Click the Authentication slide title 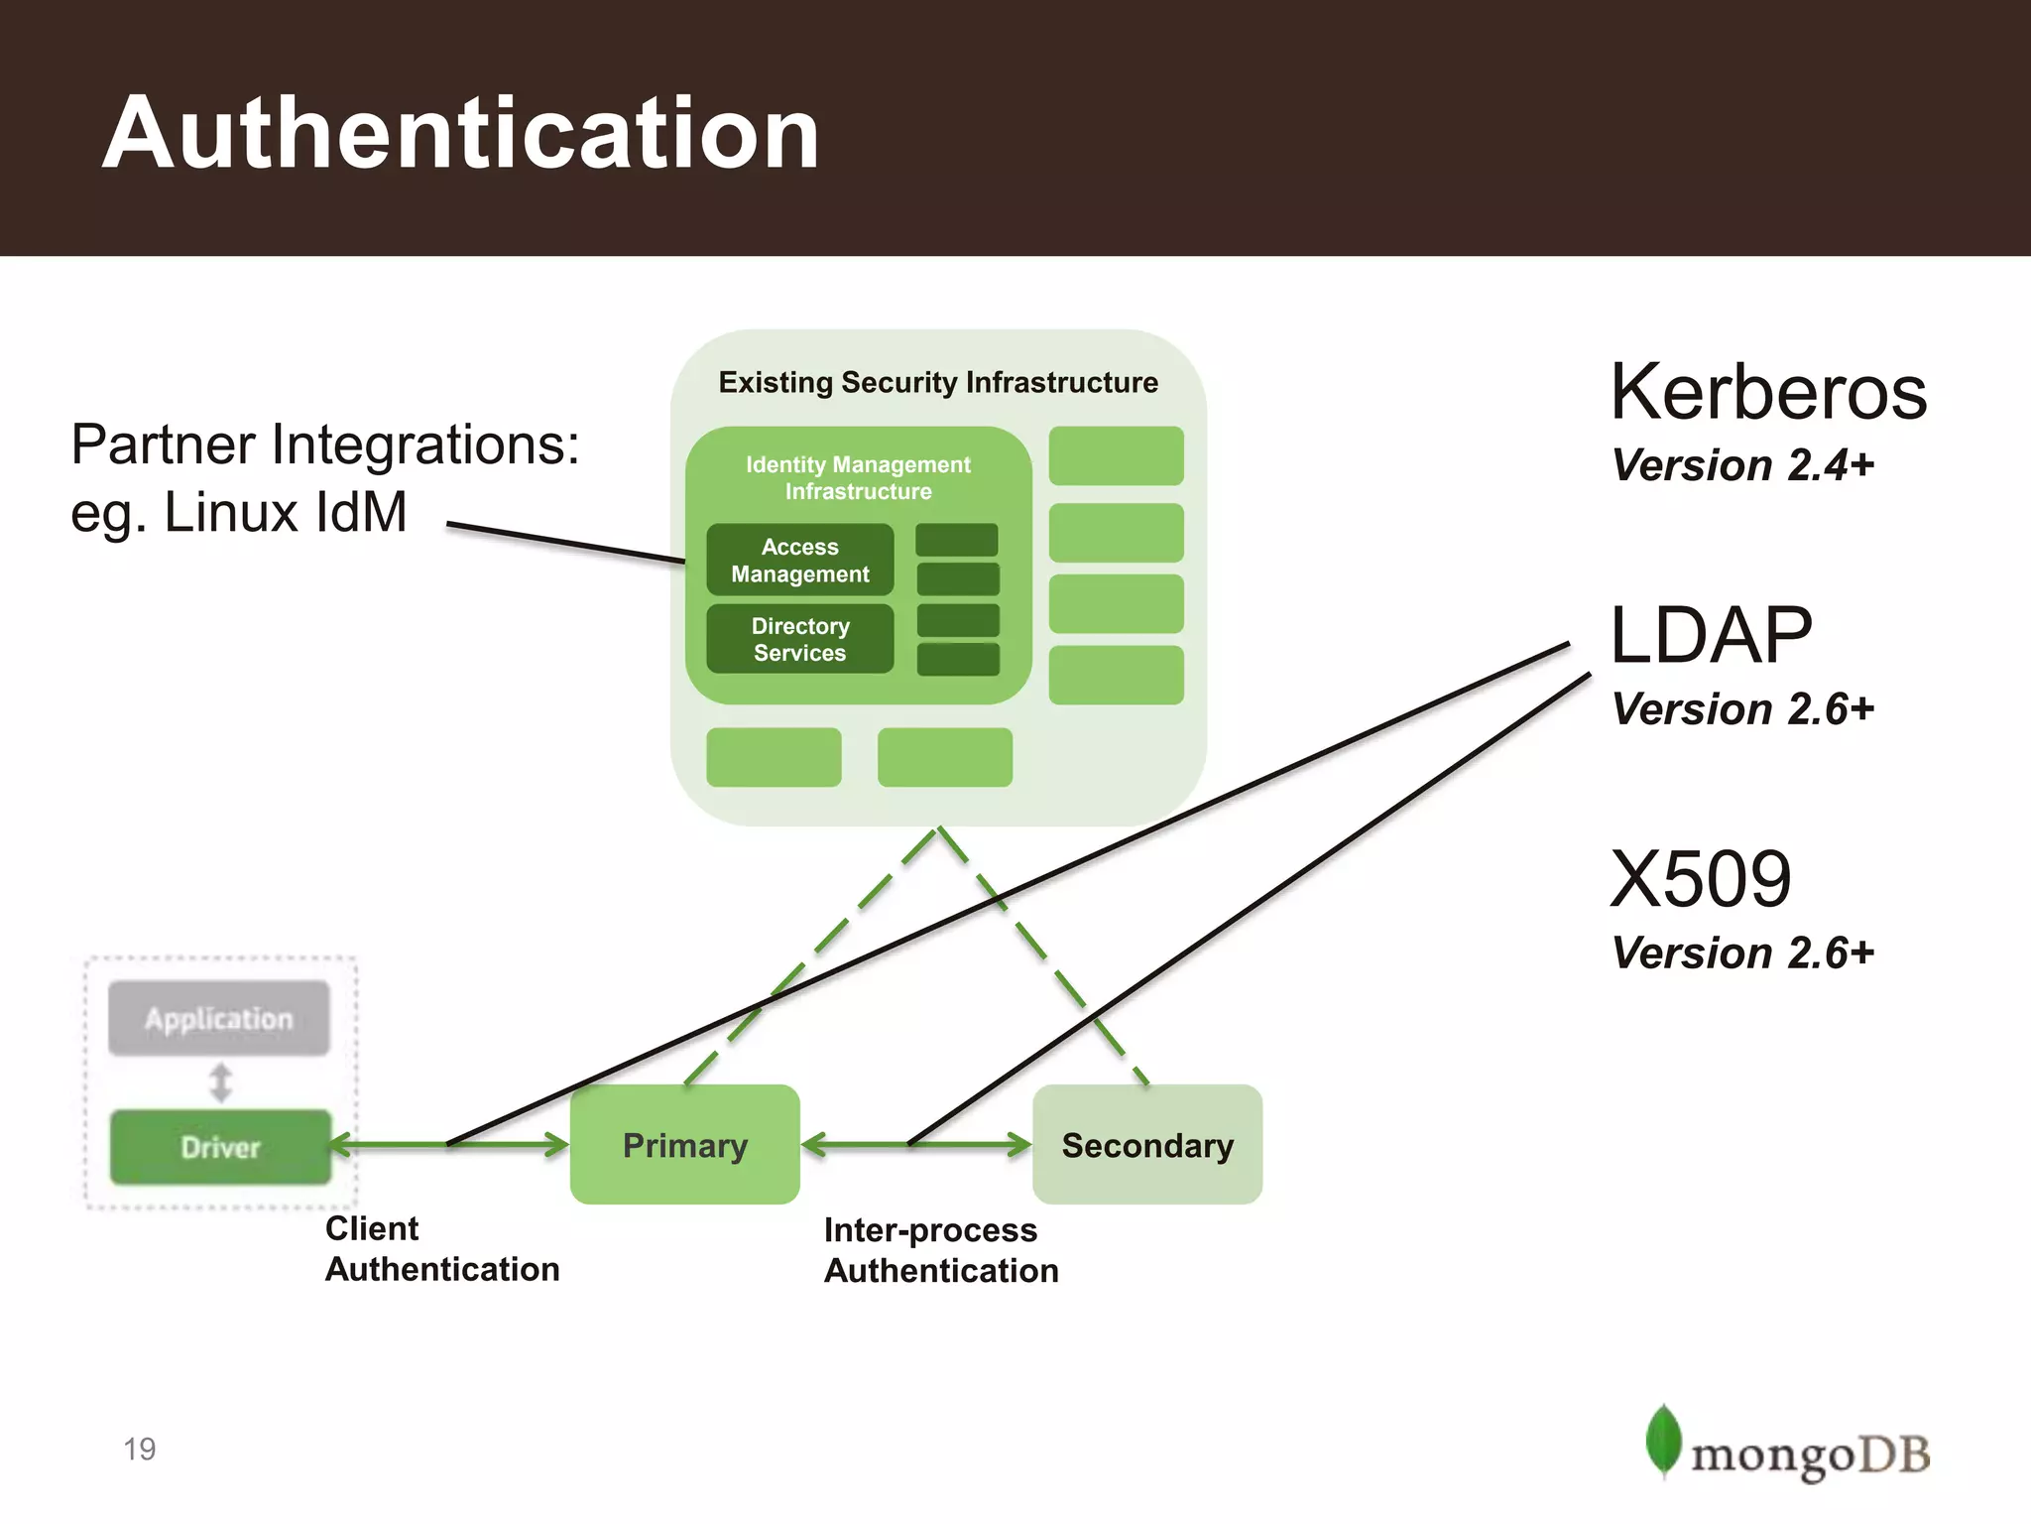(461, 134)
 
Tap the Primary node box (684, 1145)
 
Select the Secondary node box (1147, 1145)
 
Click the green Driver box (220, 1147)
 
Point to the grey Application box (219, 1019)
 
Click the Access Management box (800, 561)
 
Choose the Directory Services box (800, 639)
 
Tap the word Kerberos (1768, 392)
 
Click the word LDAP (1711, 635)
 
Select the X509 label (1701, 879)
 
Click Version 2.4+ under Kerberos (1742, 465)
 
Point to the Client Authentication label (441, 1249)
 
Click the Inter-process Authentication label (940, 1250)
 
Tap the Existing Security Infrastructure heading (938, 382)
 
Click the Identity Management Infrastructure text (858, 477)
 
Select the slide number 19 (140, 1449)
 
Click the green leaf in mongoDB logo (1663, 1440)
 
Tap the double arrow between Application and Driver (220, 1082)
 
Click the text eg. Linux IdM (239, 513)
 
